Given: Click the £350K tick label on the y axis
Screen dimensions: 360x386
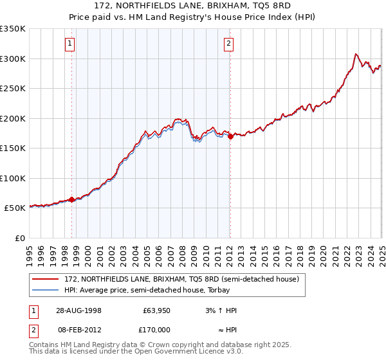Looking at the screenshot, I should tap(13, 29).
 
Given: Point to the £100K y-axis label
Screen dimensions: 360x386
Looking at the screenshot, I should tap(13, 178).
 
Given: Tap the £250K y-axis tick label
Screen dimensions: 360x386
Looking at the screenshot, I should tap(13, 89).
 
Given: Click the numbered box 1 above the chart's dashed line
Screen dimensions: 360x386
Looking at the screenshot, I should tap(69, 44).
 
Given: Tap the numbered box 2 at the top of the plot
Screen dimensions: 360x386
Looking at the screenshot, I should tap(228, 44).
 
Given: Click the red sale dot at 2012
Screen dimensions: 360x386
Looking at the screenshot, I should tap(230, 137).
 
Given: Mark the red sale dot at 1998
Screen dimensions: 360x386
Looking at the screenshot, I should tap(71, 200).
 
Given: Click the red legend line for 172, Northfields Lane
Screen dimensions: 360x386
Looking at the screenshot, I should tap(46, 280).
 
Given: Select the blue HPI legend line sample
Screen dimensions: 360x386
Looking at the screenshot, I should tap(46, 290).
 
